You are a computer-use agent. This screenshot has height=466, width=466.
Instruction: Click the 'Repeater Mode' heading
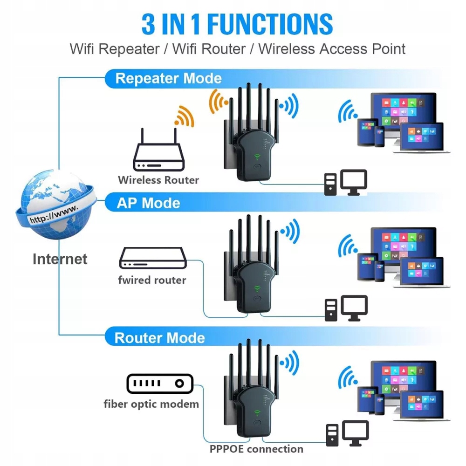click(x=168, y=78)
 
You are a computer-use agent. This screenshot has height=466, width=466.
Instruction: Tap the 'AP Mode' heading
click(x=148, y=203)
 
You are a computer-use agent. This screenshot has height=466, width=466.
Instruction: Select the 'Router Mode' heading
click(x=159, y=337)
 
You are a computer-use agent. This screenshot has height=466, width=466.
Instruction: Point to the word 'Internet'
click(x=60, y=259)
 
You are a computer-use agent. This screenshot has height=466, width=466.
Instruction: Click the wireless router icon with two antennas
click(x=159, y=151)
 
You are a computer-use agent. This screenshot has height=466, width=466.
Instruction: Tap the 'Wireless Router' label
click(x=158, y=180)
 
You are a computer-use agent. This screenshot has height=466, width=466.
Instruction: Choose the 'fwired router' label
click(x=152, y=280)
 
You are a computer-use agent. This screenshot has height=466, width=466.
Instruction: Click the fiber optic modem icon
click(x=159, y=384)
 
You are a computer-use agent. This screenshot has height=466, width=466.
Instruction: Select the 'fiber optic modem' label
click(x=151, y=404)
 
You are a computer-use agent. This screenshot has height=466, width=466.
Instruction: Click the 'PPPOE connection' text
click(x=256, y=449)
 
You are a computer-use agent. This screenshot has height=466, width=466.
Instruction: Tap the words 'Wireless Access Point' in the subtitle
click(x=332, y=49)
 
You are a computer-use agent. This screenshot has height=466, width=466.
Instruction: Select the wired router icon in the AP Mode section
click(x=153, y=258)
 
